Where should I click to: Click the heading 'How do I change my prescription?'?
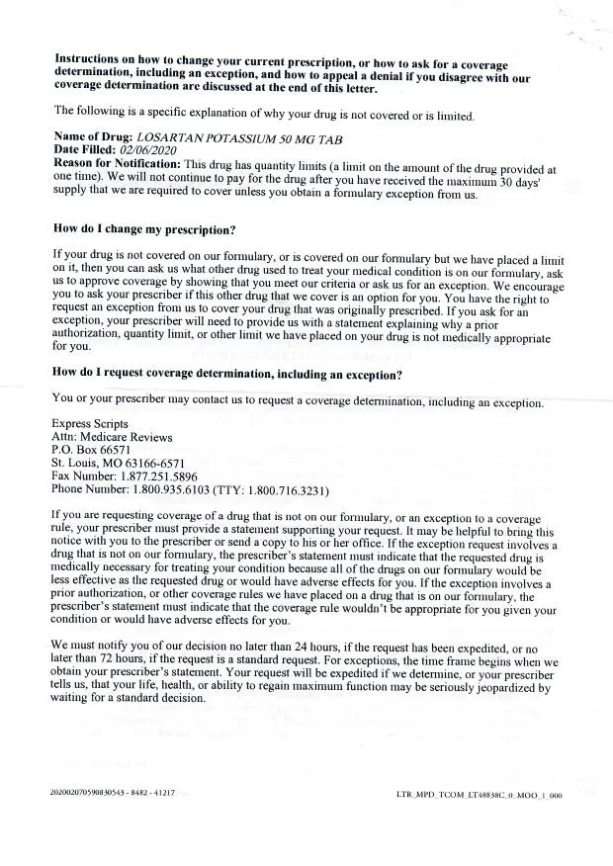click(144, 229)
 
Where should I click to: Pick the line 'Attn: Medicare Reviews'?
click(112, 437)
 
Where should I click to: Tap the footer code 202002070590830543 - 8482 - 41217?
click(111, 793)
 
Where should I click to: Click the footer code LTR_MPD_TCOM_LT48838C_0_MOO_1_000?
click(479, 794)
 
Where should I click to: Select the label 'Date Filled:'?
click(86, 149)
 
